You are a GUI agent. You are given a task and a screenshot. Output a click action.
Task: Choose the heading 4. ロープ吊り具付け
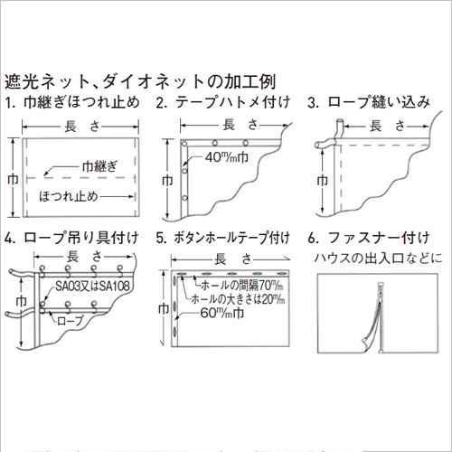[71, 240]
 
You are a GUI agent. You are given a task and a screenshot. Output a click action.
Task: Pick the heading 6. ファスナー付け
[367, 240]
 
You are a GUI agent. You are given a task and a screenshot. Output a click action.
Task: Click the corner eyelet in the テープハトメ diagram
[186, 145]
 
